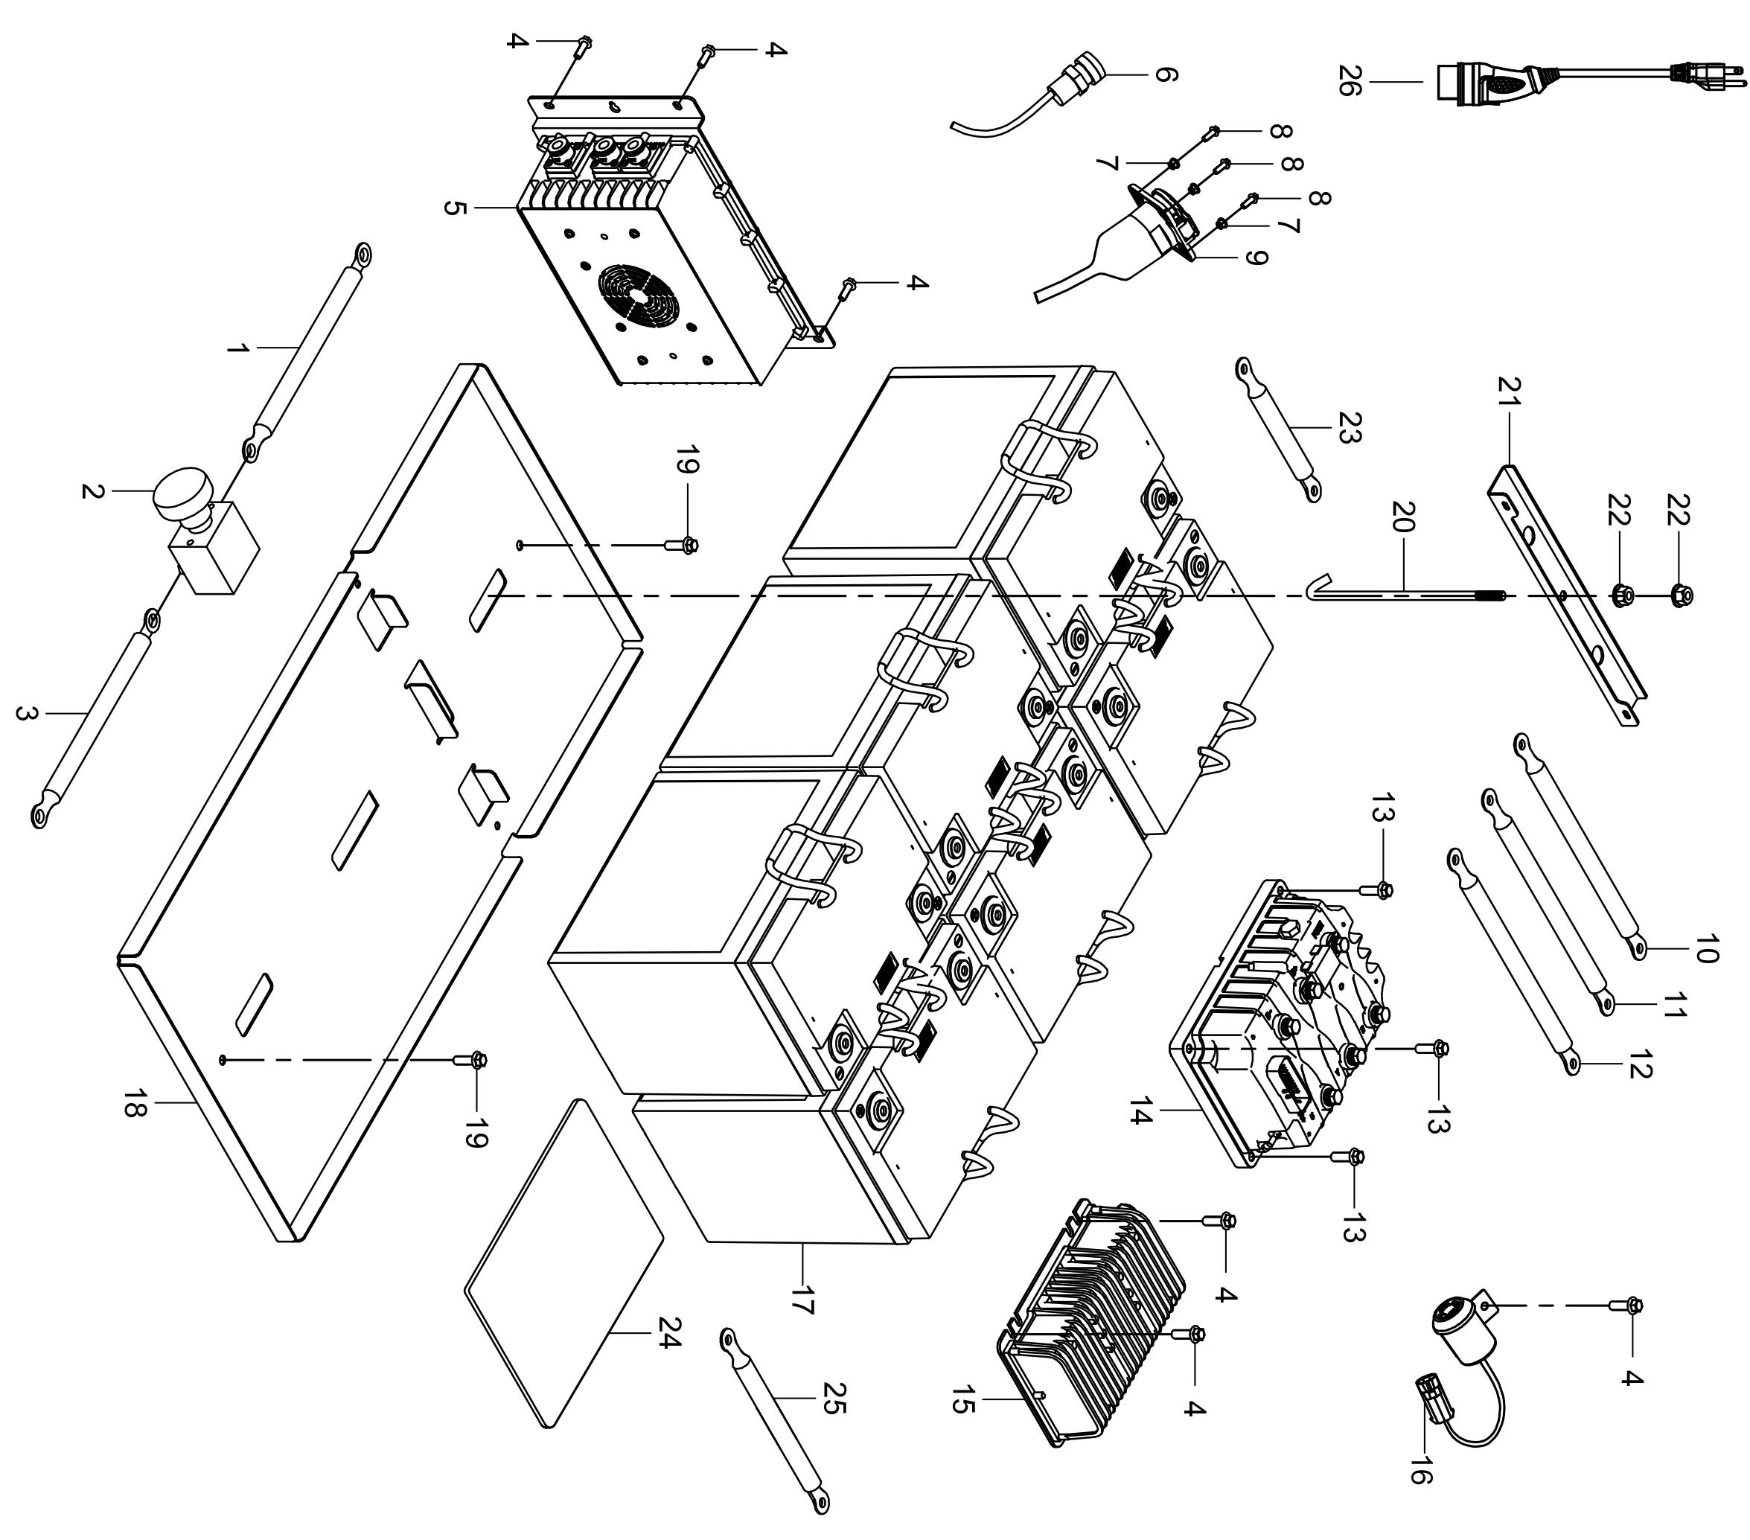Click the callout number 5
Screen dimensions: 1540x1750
[456, 208]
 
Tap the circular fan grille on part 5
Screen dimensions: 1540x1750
[638, 295]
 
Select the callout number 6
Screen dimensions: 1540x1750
[1165, 75]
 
